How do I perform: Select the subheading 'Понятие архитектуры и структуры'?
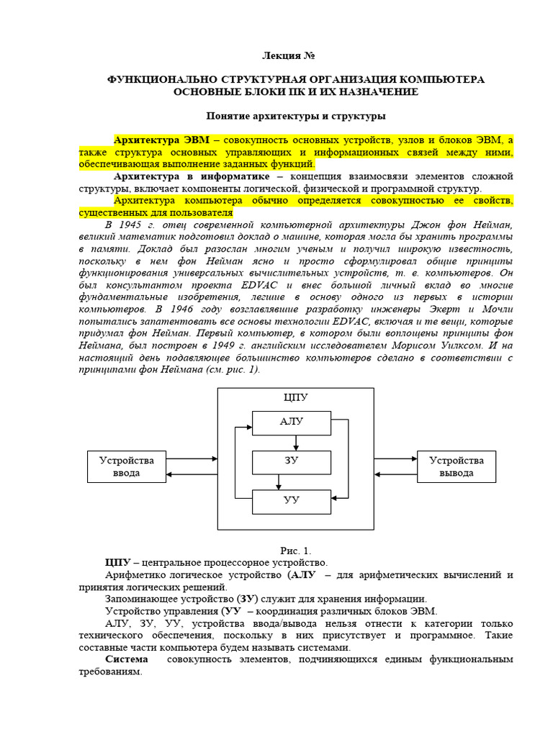(x=296, y=115)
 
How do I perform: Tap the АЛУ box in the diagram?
(x=292, y=421)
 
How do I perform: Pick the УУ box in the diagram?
(x=292, y=499)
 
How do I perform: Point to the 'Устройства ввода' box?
(x=126, y=466)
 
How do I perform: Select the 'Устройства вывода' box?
(x=457, y=466)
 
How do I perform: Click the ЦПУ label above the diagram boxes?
(x=296, y=397)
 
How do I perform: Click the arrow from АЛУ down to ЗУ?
(x=296, y=441)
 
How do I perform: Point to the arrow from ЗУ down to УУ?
(x=296, y=481)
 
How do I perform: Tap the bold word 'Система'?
(x=126, y=659)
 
